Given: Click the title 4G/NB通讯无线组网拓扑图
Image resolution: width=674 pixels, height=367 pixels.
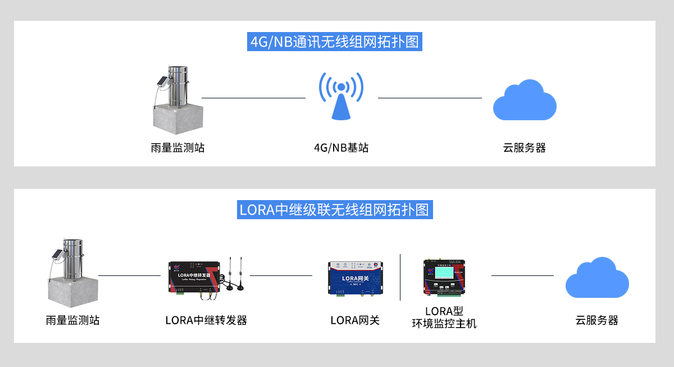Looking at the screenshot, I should tap(335, 42).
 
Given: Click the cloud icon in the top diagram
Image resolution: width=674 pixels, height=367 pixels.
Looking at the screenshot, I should tap(524, 101).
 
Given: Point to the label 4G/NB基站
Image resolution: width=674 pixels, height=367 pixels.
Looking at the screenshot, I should tap(341, 148).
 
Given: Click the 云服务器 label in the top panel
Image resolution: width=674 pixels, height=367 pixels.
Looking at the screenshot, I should tap(524, 148).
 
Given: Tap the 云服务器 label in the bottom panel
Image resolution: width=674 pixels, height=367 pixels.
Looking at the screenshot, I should tap(596, 320).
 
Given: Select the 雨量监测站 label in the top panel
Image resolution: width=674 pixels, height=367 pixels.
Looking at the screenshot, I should tap(177, 148).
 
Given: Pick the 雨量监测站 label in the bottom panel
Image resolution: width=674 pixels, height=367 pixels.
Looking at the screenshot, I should tap(72, 320).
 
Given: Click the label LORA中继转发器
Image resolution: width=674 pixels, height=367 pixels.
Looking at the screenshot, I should tap(206, 320).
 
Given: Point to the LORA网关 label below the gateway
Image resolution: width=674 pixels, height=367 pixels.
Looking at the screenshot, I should tap(355, 320).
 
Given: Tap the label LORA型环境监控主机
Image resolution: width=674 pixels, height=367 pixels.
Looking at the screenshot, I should tap(444, 318).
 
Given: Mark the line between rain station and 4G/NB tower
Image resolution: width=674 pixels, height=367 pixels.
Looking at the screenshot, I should tap(253, 98).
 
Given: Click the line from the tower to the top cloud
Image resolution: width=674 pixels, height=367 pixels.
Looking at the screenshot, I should tap(430, 98).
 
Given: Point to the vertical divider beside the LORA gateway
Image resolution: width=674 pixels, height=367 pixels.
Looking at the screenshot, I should tap(400, 277).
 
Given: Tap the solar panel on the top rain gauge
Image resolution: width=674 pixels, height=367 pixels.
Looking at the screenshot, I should tap(162, 81).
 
